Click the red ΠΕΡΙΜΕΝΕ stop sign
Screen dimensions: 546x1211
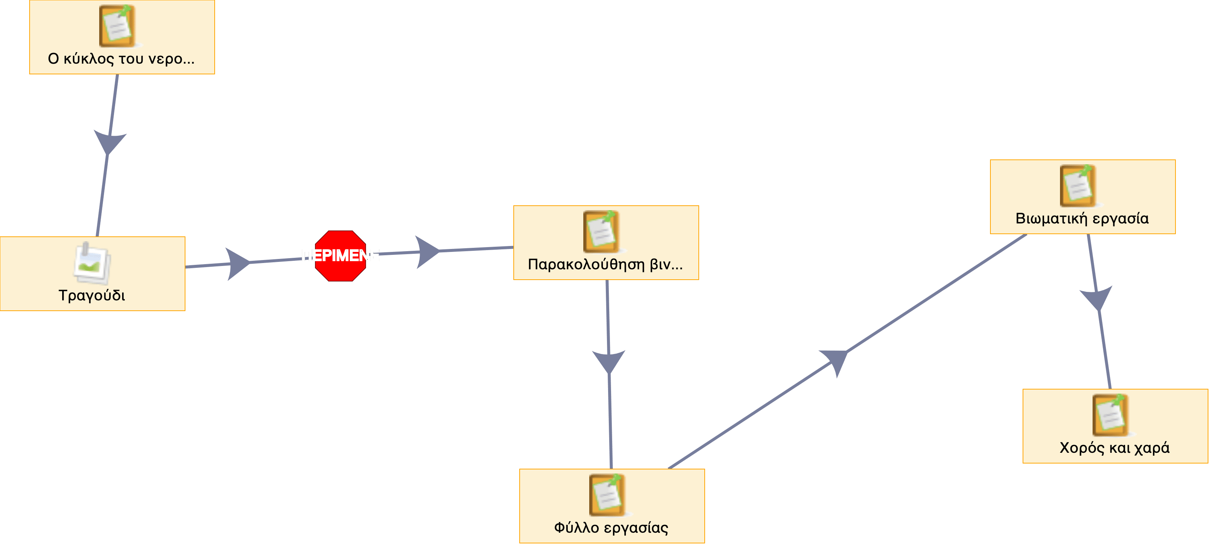click(341, 256)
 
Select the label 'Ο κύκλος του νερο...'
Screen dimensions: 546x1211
click(121, 59)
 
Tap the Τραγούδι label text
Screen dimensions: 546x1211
click(92, 296)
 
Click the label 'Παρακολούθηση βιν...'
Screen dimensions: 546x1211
click(605, 264)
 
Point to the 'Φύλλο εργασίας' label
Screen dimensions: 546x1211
click(611, 528)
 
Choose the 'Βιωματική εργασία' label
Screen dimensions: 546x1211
click(1082, 219)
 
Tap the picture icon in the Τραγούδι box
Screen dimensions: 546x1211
click(92, 264)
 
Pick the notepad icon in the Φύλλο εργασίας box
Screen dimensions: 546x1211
click(607, 495)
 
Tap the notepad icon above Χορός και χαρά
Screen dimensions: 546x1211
click(1110, 415)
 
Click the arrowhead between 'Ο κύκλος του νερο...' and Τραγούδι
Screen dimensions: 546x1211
click(110, 142)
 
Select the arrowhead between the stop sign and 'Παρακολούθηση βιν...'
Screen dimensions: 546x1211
click(427, 252)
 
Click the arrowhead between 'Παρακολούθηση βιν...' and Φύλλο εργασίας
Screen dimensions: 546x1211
click(609, 361)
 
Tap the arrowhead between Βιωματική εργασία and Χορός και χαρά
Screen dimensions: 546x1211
click(1097, 298)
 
